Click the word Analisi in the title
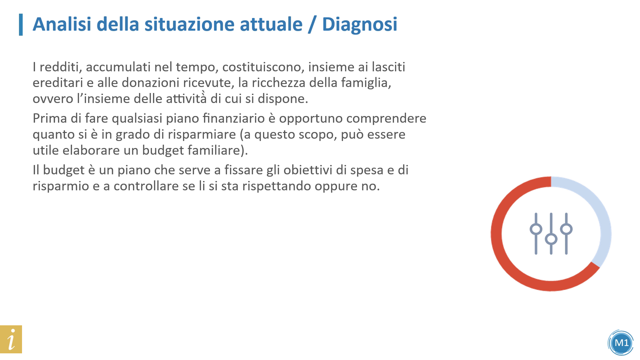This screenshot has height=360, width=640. pos(62,24)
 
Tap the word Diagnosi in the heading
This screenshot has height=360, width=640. pos(360,25)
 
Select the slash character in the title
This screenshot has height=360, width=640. pos(311,25)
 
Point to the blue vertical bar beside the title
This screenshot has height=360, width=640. pos(21,25)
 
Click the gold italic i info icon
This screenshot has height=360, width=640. pos(11,339)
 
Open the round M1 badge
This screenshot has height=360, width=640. pos(621,343)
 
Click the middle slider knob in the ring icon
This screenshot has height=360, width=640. pos(551,239)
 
